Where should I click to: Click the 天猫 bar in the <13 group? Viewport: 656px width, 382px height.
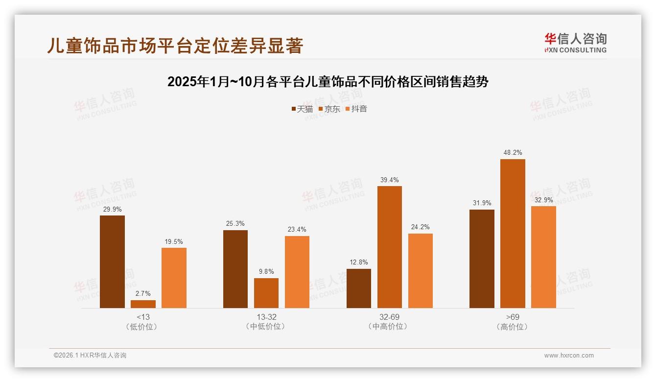[x=112, y=262]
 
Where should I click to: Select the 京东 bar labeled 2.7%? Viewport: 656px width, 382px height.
[x=143, y=304]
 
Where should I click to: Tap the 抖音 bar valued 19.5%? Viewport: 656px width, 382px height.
[x=174, y=278]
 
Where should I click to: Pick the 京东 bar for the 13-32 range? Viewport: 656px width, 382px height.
[x=266, y=293]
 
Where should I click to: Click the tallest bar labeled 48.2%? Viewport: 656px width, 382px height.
[x=513, y=234]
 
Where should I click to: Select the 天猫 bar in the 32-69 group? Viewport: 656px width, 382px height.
[x=358, y=288]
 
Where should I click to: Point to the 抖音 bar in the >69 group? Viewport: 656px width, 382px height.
[x=543, y=257]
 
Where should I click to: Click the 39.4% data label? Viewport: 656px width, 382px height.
[x=390, y=180]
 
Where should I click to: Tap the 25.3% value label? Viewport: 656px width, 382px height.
[x=235, y=224]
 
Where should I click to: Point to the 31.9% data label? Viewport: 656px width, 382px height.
[x=482, y=203]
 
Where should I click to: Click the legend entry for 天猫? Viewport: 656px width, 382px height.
[x=302, y=109]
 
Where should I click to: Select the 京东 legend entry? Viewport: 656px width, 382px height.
[x=329, y=109]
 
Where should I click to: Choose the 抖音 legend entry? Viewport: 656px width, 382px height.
[x=356, y=109]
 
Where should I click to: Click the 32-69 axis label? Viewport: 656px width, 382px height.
[x=389, y=317]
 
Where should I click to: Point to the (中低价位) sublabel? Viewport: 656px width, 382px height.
[x=266, y=327]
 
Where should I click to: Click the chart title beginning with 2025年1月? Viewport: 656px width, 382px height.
[x=328, y=82]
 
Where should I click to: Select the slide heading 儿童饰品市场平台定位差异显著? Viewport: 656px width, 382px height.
[x=175, y=46]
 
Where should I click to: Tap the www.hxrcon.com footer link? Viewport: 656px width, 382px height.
[x=568, y=356]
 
